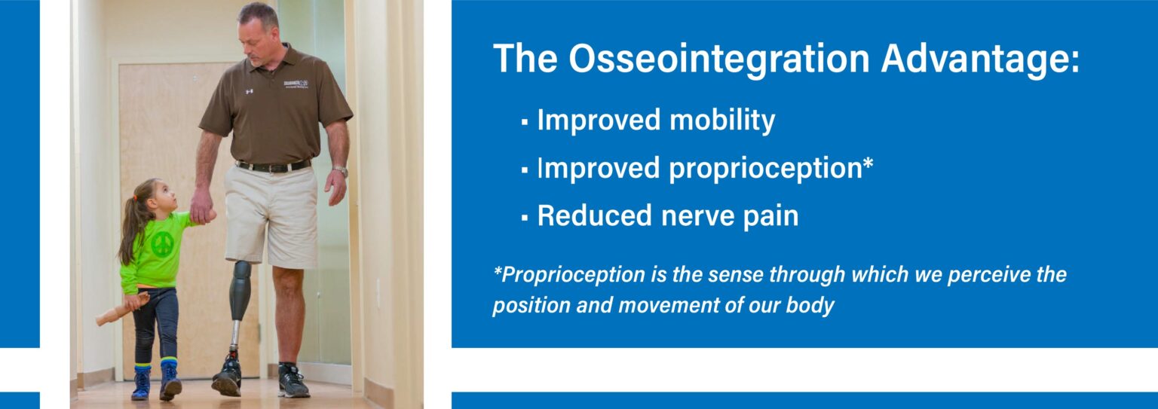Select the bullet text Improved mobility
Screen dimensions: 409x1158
coord(656,121)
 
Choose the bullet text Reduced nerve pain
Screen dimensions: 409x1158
coord(667,216)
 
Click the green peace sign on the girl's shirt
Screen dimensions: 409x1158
coord(162,243)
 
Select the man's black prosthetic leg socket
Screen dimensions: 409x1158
coord(240,290)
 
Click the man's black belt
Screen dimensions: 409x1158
coord(273,166)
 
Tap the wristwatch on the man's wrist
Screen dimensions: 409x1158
coord(341,171)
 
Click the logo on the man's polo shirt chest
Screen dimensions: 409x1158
coord(296,84)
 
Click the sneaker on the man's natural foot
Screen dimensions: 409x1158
coord(292,381)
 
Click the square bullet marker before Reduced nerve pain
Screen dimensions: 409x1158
coord(524,218)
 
